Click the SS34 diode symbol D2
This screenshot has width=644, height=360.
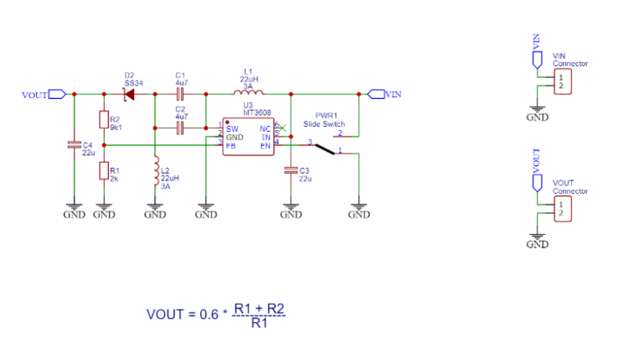coord(129,94)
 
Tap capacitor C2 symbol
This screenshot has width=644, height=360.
coord(179,128)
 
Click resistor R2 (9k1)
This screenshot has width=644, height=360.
coord(103,120)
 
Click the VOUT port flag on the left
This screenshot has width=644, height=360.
coord(57,94)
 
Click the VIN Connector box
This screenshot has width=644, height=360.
coord(560,81)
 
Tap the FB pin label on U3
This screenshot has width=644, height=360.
coord(230,145)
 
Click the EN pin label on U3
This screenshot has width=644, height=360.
coord(265,145)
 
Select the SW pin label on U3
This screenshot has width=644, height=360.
coord(231,128)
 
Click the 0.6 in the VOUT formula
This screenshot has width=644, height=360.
coord(210,315)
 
